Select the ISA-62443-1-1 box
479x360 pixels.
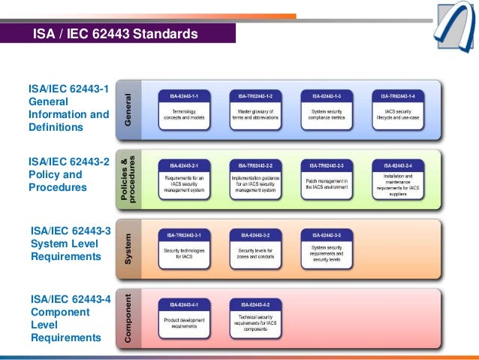tap(184, 110)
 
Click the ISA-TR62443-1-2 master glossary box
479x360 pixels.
tap(255, 110)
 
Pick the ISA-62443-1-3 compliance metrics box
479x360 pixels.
tap(326, 110)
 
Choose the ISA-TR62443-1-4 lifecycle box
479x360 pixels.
tap(397, 110)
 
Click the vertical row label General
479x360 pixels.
tap(129, 110)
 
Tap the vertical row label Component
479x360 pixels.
tap(129, 319)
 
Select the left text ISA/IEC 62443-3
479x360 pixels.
tap(70, 231)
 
